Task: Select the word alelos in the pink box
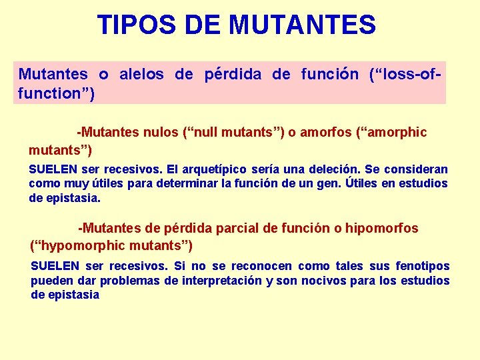pos(141,74)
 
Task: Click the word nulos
pos(161,132)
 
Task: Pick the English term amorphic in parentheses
pos(396,132)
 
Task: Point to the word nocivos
pos(327,281)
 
